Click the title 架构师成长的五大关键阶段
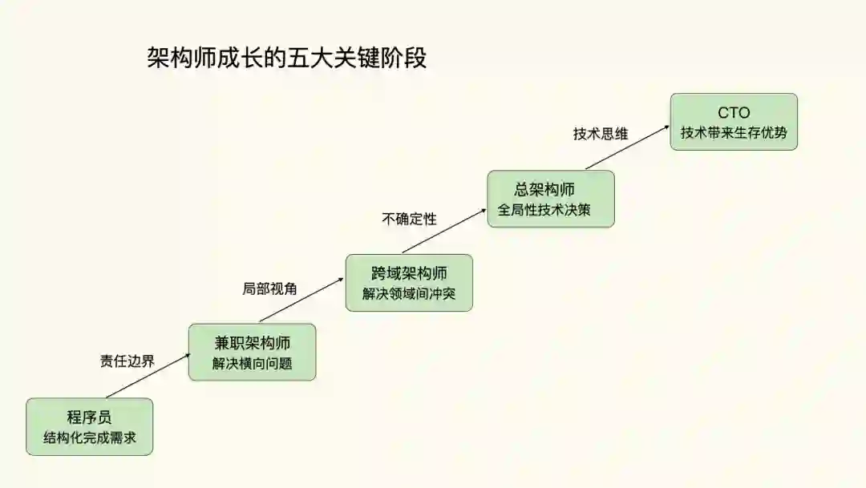click(x=287, y=58)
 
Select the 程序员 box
click(x=89, y=426)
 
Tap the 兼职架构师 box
click(x=252, y=352)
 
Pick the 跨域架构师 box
click(x=409, y=282)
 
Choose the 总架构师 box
click(x=551, y=199)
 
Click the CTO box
click(x=734, y=121)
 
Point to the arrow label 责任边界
click(x=127, y=361)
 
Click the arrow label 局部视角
click(x=269, y=289)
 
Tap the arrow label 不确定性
click(x=409, y=219)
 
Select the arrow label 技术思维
click(x=600, y=134)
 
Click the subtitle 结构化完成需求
click(x=89, y=438)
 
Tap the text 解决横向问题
click(x=252, y=363)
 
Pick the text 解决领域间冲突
click(x=409, y=294)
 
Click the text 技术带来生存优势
click(x=734, y=133)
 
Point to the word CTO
click(x=734, y=112)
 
